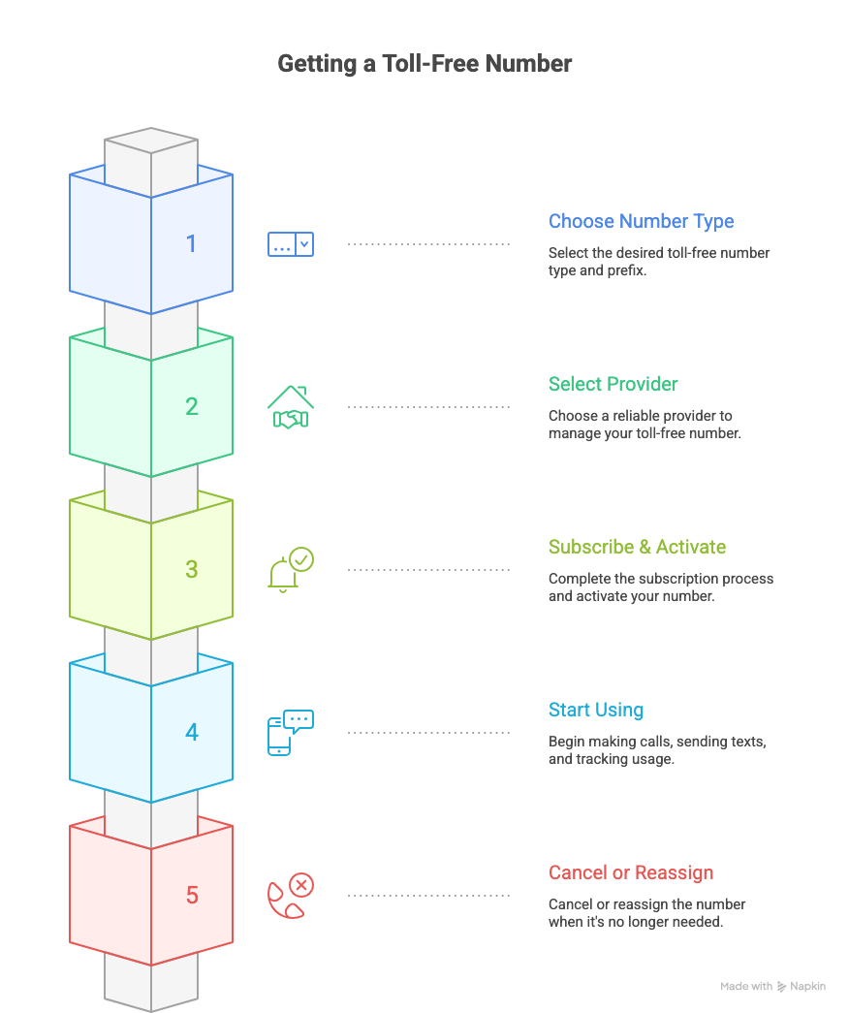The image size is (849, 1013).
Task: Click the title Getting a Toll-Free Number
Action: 424,64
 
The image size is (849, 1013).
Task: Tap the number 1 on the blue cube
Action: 191,243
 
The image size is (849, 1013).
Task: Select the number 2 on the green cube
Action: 191,406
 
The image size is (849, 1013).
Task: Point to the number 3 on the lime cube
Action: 191,569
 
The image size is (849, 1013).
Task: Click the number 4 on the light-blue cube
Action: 191,732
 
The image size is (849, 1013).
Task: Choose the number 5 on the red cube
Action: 191,895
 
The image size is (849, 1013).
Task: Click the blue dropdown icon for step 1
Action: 290,244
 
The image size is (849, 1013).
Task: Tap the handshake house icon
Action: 290,407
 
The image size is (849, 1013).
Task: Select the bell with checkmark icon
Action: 290,570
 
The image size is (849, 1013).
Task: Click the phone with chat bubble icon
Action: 290,733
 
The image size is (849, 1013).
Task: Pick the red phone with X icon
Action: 290,896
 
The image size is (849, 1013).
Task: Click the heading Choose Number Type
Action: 641,221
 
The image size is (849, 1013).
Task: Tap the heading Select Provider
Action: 613,384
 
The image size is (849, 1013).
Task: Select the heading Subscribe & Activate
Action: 637,547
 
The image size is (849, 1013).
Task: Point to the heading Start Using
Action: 595,710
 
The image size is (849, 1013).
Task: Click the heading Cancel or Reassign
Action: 630,872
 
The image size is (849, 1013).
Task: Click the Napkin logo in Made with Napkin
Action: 782,987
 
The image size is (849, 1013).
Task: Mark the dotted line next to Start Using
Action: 428,733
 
